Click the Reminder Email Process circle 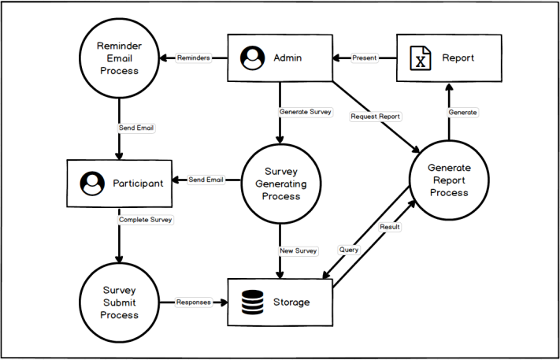tap(119, 58)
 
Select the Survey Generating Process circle tap(281, 183)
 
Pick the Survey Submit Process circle tap(119, 302)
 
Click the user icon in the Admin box tap(252, 58)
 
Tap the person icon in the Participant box tap(92, 184)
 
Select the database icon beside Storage tap(253, 302)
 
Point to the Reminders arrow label tap(194, 58)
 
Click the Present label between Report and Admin tap(365, 58)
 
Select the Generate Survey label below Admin tap(305, 112)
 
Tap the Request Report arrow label tap(376, 117)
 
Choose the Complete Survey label tap(145, 219)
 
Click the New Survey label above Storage tap(299, 251)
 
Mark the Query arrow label tap(349, 250)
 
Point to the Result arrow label tap(390, 227)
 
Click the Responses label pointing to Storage tap(193, 302)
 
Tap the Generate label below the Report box tap(462, 112)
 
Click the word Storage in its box tap(292, 302)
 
